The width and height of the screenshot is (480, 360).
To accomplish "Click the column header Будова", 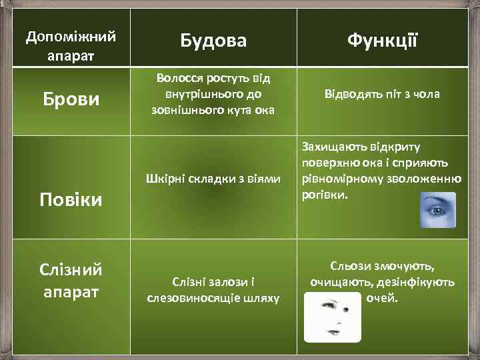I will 213,41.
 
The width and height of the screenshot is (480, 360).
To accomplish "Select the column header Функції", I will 382,41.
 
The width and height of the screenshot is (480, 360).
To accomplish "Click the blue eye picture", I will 437,210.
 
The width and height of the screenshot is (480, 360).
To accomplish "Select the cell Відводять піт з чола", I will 382,94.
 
